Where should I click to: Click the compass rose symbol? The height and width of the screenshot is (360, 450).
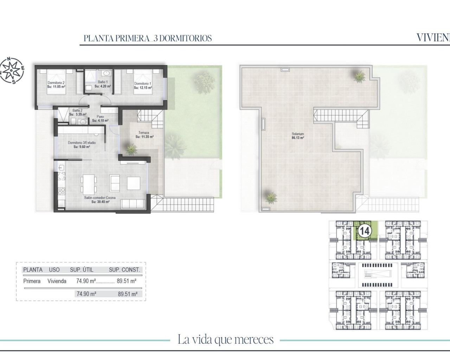pyautogui.click(x=12, y=71)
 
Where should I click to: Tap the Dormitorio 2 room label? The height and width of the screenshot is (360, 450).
pyautogui.click(x=56, y=83)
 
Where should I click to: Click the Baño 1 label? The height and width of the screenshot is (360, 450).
pyautogui.click(x=103, y=82)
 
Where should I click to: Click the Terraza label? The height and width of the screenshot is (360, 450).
pyautogui.click(x=144, y=133)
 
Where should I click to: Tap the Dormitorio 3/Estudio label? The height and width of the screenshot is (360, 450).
pyautogui.click(x=82, y=143)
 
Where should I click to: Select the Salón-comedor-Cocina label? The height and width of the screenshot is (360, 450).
pyautogui.click(x=97, y=198)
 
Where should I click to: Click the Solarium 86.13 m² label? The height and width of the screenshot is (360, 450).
pyautogui.click(x=297, y=134)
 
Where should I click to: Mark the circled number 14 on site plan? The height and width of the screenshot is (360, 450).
pyautogui.click(x=364, y=231)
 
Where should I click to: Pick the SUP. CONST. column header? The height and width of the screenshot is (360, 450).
pyautogui.click(x=124, y=270)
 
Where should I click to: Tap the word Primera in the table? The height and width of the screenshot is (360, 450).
pyautogui.click(x=32, y=281)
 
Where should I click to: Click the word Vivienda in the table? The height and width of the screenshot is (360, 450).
pyautogui.click(x=57, y=281)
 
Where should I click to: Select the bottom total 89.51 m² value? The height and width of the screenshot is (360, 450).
pyautogui.click(x=127, y=294)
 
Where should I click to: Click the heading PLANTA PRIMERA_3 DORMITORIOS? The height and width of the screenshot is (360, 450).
pyautogui.click(x=148, y=38)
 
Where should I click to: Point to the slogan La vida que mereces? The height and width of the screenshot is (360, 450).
pyautogui.click(x=225, y=340)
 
